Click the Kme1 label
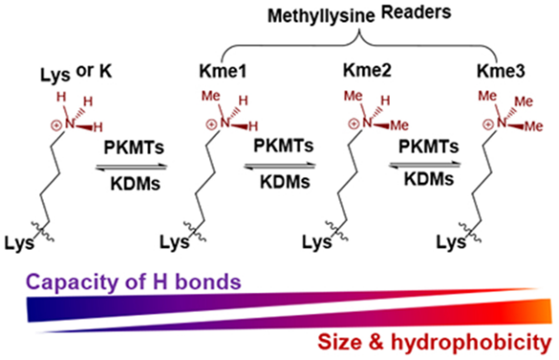pos(223,71)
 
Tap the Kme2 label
pos(367,70)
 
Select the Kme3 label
pos(501,71)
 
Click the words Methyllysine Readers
pos(359,15)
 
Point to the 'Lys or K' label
pos(76,73)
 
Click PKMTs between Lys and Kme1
pos(134,147)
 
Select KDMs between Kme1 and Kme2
pos(284,182)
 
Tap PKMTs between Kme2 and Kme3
pos(428,146)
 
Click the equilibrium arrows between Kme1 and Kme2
pos(280,165)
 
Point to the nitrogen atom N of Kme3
pos(501,123)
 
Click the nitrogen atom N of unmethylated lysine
pos(69,124)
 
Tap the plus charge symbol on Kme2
pos(354,124)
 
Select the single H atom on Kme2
pos(385,101)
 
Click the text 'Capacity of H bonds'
pos(134,283)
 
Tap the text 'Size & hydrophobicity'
pos(434,343)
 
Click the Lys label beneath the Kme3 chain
pos(451,243)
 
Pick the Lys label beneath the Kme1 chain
pos(174,243)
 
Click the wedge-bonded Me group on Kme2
pos(399,125)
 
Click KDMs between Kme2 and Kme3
pos(429,179)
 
